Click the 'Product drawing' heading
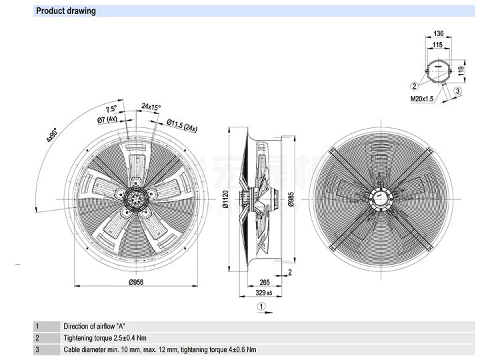65,11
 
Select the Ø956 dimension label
136,282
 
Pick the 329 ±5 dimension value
264,293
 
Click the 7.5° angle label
111,109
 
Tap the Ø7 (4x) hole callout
107,120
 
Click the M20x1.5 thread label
422,99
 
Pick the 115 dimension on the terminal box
437,45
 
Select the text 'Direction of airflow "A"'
95,327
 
